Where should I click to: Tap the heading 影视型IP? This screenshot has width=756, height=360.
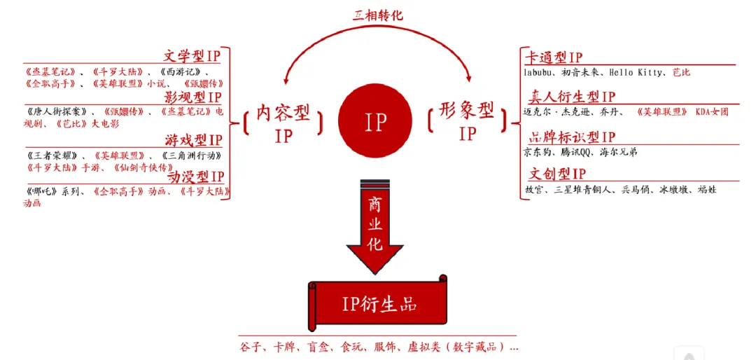point(192,97)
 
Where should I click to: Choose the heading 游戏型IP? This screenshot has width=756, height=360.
point(194,141)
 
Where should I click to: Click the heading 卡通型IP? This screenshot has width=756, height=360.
point(554,57)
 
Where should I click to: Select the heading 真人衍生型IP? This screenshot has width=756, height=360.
point(571,97)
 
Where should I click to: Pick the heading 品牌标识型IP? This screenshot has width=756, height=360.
point(571,137)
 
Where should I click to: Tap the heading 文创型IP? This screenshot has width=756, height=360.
point(557,173)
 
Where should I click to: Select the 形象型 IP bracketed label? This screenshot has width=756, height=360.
point(467,121)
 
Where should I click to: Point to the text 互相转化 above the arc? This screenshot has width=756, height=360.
point(377,15)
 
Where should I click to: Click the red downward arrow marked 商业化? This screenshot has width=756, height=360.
point(374,224)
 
